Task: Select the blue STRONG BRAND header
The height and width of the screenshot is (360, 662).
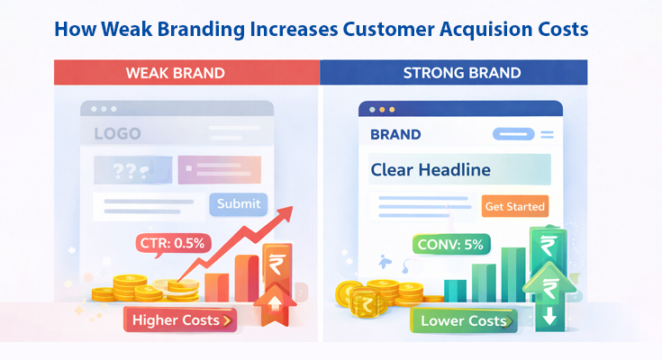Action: tap(454, 72)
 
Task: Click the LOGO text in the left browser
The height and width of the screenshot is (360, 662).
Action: tap(117, 134)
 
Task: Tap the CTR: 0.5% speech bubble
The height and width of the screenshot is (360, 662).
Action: tap(173, 243)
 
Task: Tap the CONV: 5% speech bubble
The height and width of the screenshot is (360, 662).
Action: tap(448, 243)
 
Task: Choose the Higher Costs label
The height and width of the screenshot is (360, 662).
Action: tap(180, 319)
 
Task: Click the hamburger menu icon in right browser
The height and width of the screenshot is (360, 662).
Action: tap(546, 134)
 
